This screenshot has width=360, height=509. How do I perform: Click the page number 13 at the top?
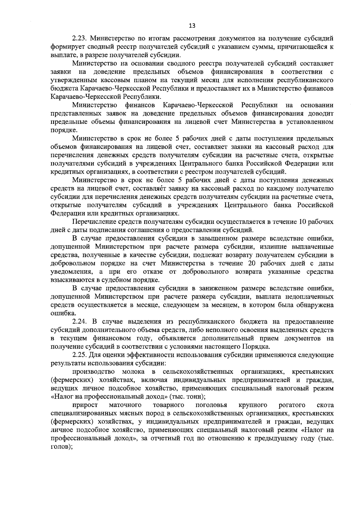coord(192,26)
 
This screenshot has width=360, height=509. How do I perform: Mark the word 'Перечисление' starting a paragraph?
coord(92,222)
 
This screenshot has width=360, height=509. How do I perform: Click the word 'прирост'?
coord(83,405)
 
